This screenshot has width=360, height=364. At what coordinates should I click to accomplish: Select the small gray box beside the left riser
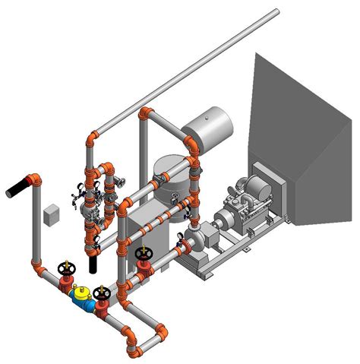click(x=52, y=214)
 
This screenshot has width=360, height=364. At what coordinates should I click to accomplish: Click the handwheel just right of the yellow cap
click(x=101, y=292)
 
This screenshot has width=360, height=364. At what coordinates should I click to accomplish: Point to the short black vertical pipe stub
click(x=93, y=263)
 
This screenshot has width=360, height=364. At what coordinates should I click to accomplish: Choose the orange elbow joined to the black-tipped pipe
click(x=35, y=180)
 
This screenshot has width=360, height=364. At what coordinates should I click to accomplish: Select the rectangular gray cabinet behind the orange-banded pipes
click(x=148, y=228)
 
